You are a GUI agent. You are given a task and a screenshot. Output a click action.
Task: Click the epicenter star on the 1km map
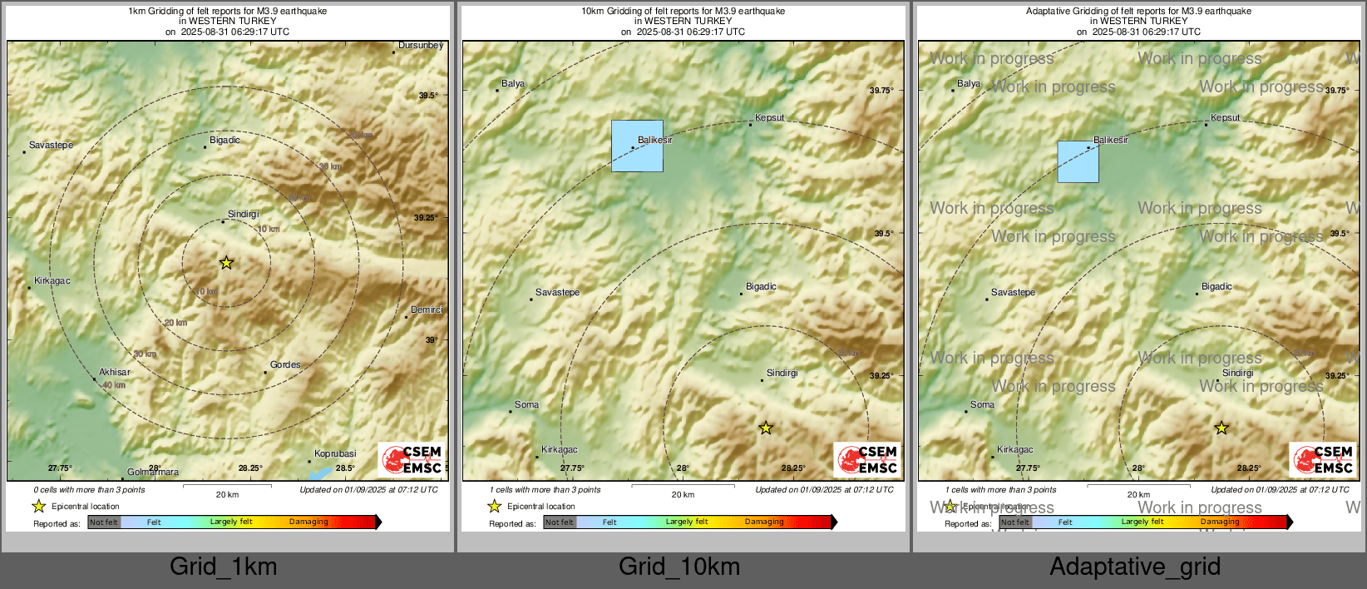tap(226, 263)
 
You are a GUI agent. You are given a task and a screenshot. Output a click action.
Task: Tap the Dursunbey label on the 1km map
tap(421, 46)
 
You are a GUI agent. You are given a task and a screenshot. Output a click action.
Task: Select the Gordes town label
tap(285, 365)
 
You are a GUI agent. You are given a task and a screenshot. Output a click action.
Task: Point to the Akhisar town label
tap(115, 373)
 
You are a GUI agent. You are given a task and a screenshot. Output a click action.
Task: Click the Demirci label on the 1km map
tap(427, 310)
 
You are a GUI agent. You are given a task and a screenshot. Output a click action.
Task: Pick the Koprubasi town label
tap(335, 454)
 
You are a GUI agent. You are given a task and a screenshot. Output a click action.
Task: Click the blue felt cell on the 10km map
tap(637, 146)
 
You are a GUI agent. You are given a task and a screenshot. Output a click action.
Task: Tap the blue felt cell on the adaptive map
tap(1078, 162)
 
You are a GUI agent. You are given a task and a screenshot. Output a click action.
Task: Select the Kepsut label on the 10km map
tap(769, 118)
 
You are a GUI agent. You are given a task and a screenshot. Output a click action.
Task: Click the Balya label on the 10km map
tap(513, 84)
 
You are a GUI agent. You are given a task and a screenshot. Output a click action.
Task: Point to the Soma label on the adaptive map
tap(982, 405)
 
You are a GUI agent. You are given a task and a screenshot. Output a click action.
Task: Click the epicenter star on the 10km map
tap(766, 428)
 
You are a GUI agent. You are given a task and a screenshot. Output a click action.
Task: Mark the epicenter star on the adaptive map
tap(1221, 428)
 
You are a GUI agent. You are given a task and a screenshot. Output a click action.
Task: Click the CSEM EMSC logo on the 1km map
tap(412, 460)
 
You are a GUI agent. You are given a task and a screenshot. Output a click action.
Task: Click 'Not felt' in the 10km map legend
tap(560, 522)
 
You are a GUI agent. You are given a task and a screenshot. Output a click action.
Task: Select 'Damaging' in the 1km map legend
tap(308, 522)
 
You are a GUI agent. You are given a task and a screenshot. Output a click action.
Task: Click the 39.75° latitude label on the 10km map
tap(881, 91)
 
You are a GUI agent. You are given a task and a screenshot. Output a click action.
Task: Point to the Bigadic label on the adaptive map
tap(1216, 287)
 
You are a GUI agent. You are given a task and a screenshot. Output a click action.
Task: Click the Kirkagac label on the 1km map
tap(52, 281)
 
